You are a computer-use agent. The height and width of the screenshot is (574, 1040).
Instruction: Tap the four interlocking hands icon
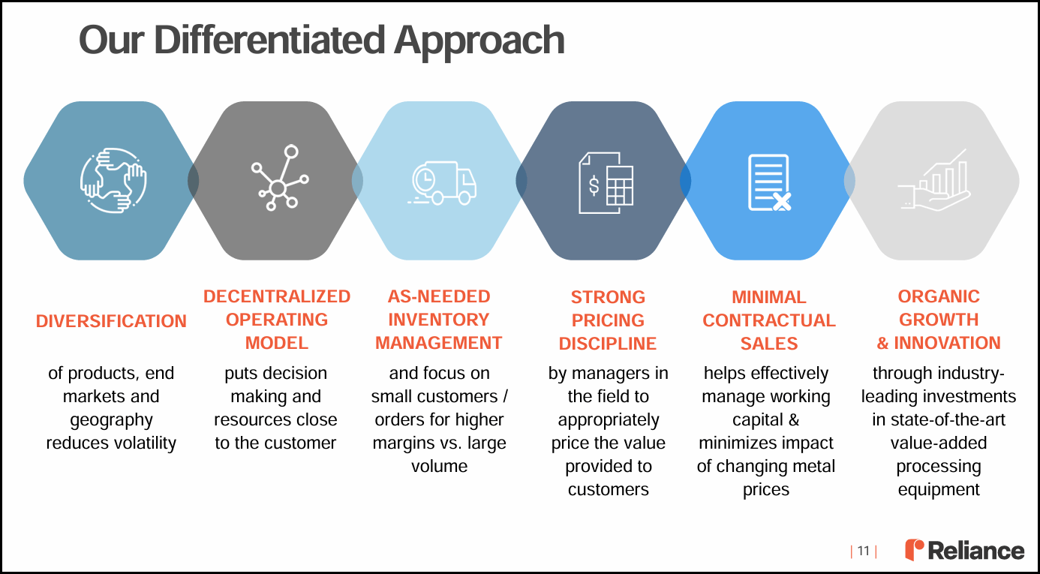point(113,181)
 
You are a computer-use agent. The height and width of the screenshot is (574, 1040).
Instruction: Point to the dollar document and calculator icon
point(606,182)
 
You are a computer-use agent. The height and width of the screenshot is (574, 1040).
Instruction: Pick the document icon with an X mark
point(769,182)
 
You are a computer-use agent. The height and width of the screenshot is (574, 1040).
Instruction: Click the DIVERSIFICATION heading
point(111,321)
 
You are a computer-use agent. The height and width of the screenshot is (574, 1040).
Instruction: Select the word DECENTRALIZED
point(277,296)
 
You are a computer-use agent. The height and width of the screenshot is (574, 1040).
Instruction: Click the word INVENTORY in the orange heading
point(438,320)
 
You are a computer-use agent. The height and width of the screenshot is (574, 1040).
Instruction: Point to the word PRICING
point(608,320)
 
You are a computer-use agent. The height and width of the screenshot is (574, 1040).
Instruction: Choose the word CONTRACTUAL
point(769,320)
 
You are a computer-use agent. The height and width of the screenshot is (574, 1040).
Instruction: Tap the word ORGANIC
point(939,296)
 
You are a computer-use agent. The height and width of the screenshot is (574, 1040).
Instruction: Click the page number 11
point(863,551)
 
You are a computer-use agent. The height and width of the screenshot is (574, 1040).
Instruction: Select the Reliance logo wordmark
point(975,551)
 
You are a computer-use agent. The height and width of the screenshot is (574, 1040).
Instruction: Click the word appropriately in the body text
point(608,419)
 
